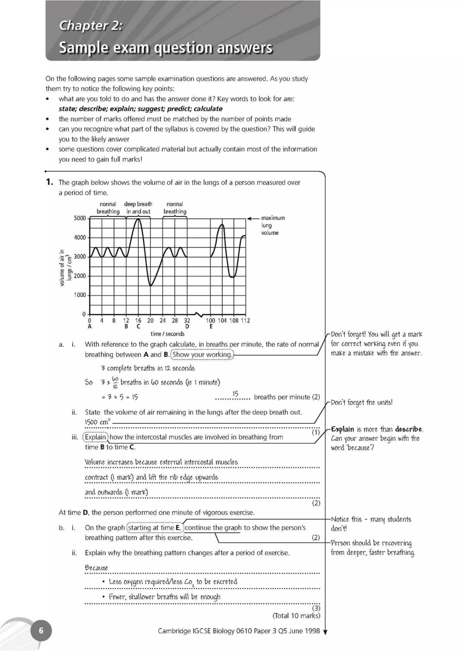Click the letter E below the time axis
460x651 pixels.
coord(211,327)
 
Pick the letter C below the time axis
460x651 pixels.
coord(138,327)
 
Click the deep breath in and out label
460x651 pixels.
coord(138,208)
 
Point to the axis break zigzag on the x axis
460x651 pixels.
coord(199,314)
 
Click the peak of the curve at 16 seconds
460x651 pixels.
coord(138,219)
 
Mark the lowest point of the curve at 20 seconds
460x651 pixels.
coord(150,285)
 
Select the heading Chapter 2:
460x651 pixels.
coord(91,26)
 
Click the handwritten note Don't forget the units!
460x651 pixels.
coord(362,403)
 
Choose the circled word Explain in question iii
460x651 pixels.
coord(95,437)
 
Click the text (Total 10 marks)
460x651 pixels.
coord(296,616)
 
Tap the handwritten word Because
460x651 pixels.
coord(96,568)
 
